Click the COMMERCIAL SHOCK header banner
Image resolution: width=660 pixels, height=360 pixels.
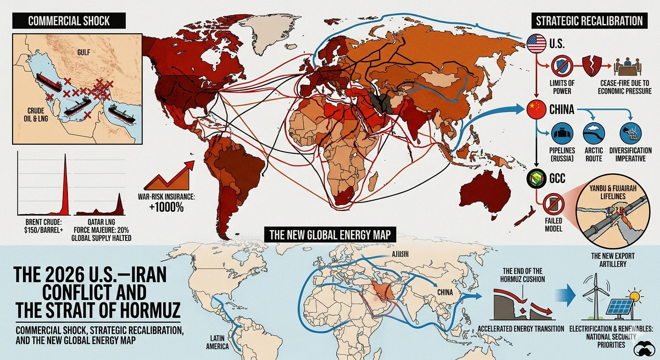(x=69, y=21)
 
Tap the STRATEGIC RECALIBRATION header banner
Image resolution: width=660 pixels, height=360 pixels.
(x=590, y=21)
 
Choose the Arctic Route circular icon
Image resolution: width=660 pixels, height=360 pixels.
(x=593, y=133)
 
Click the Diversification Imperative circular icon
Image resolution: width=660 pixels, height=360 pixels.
(x=630, y=133)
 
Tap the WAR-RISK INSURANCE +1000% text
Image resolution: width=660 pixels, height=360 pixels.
(x=161, y=202)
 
